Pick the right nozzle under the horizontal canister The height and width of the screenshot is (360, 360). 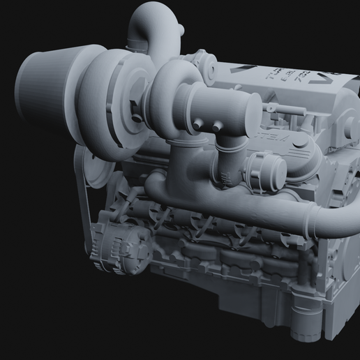[218, 126]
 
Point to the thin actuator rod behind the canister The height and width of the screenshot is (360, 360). [279, 112]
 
